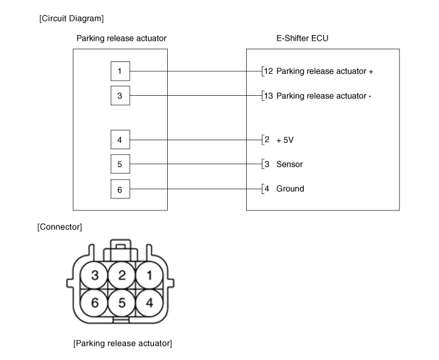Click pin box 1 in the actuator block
[x=120, y=71]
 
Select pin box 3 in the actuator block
[x=120, y=96]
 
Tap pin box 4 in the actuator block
[x=120, y=140]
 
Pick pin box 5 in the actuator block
[x=120, y=164]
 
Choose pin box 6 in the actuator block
[x=120, y=188]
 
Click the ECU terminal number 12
[x=268, y=71]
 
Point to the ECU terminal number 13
[x=268, y=96]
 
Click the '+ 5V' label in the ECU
[x=285, y=140]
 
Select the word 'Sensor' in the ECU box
[x=289, y=164]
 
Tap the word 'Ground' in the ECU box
[x=290, y=188]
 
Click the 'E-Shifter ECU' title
[x=302, y=38]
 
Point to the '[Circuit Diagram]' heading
[x=71, y=19]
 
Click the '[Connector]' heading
[x=59, y=226]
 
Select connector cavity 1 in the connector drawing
[x=148, y=275]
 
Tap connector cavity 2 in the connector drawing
[x=121, y=275]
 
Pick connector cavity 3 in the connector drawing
[x=95, y=275]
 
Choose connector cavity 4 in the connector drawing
[x=148, y=302]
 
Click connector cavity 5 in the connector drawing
[x=121, y=302]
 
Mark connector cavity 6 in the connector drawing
[x=95, y=302]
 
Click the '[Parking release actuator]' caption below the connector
[x=122, y=343]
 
